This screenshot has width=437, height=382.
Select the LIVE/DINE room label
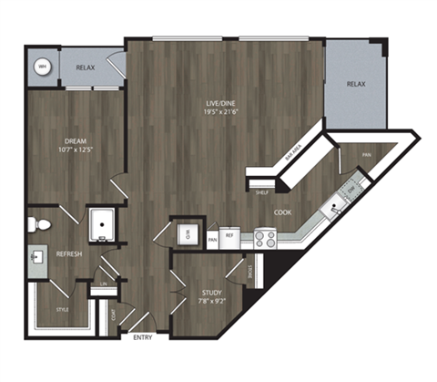[x=221, y=110]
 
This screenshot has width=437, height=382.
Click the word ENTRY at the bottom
[x=143, y=339]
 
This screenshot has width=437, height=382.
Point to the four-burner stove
[x=265, y=238]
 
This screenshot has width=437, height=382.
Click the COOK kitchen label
[x=283, y=212]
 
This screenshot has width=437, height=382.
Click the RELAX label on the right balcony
[x=355, y=84]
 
